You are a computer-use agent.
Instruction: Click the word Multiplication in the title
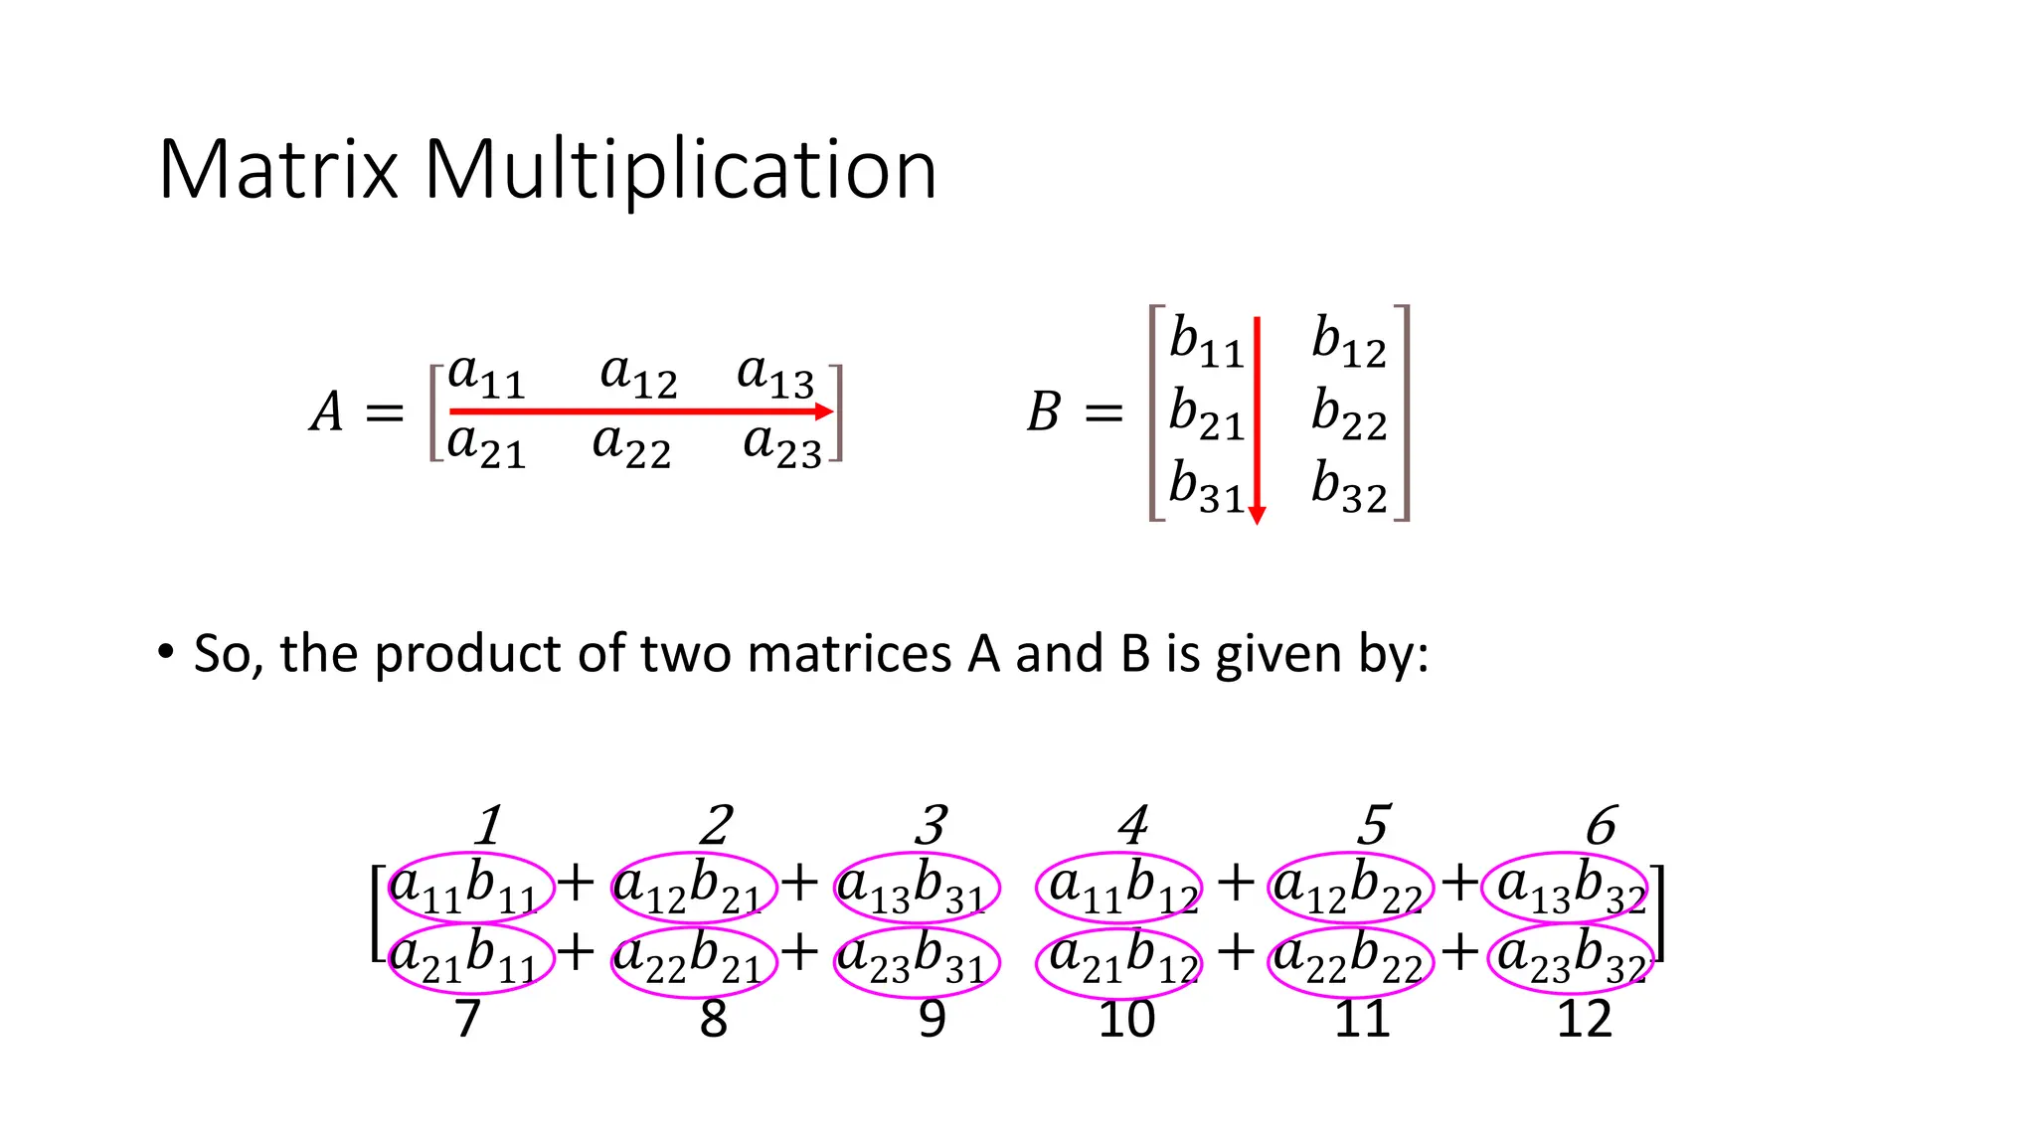pos(680,170)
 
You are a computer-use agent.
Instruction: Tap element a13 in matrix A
pos(775,376)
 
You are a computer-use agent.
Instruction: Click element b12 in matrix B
pos(1348,341)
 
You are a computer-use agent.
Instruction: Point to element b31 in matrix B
pos(1206,486)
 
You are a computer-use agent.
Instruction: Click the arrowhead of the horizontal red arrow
pos(824,411)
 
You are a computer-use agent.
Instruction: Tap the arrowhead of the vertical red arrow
pos(1257,515)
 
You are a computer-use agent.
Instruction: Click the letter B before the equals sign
pos(1044,411)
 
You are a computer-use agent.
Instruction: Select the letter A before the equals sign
pos(327,411)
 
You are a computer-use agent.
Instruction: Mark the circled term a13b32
pos(1567,887)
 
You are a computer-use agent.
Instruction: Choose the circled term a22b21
pos(692,958)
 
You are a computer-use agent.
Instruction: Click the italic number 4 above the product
pos(1133,825)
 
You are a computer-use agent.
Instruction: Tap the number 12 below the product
pos(1584,1020)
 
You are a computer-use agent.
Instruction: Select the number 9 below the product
pos(932,1020)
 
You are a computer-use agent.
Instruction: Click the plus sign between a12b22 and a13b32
pos(1460,883)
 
